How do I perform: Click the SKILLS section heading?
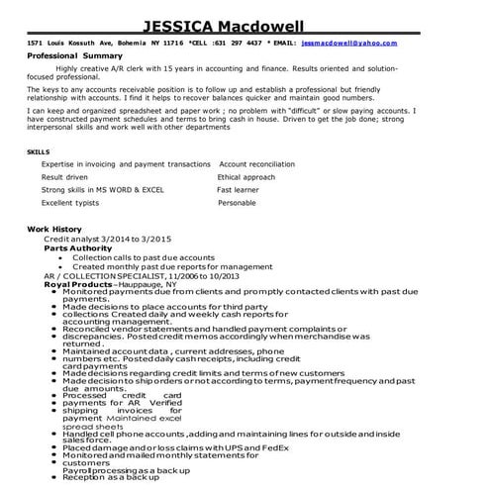click(x=38, y=151)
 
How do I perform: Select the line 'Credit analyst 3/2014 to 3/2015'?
click(x=107, y=239)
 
